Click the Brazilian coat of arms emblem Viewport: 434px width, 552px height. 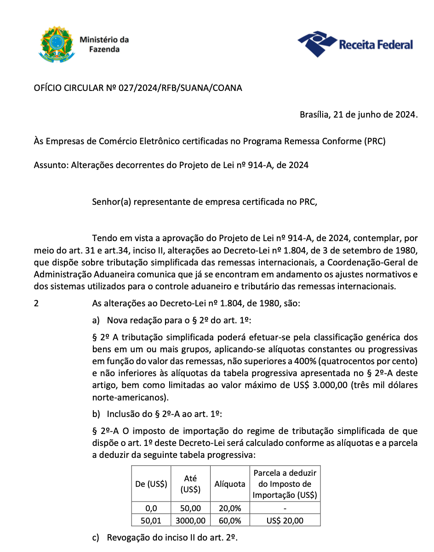tap(54, 45)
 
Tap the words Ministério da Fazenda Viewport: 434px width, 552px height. tap(104, 44)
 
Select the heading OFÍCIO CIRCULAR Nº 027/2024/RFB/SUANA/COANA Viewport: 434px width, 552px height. tap(138, 88)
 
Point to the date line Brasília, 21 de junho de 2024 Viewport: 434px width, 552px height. tap(359, 114)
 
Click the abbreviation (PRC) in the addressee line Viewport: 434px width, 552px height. tap(374, 141)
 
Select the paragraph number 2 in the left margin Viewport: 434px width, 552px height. tap(36, 304)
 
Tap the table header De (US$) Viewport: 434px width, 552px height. tap(151, 484)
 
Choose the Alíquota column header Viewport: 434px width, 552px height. tap(230, 484)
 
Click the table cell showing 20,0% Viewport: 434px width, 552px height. tap(230, 508)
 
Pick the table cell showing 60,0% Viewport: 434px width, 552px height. tap(230, 520)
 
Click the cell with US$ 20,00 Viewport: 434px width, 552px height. tap(285, 520)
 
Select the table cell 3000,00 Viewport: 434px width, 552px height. tap(190, 520)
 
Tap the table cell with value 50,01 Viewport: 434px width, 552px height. tap(151, 520)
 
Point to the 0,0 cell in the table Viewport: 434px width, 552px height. tap(151, 508)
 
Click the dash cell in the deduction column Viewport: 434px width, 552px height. tap(285, 508)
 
